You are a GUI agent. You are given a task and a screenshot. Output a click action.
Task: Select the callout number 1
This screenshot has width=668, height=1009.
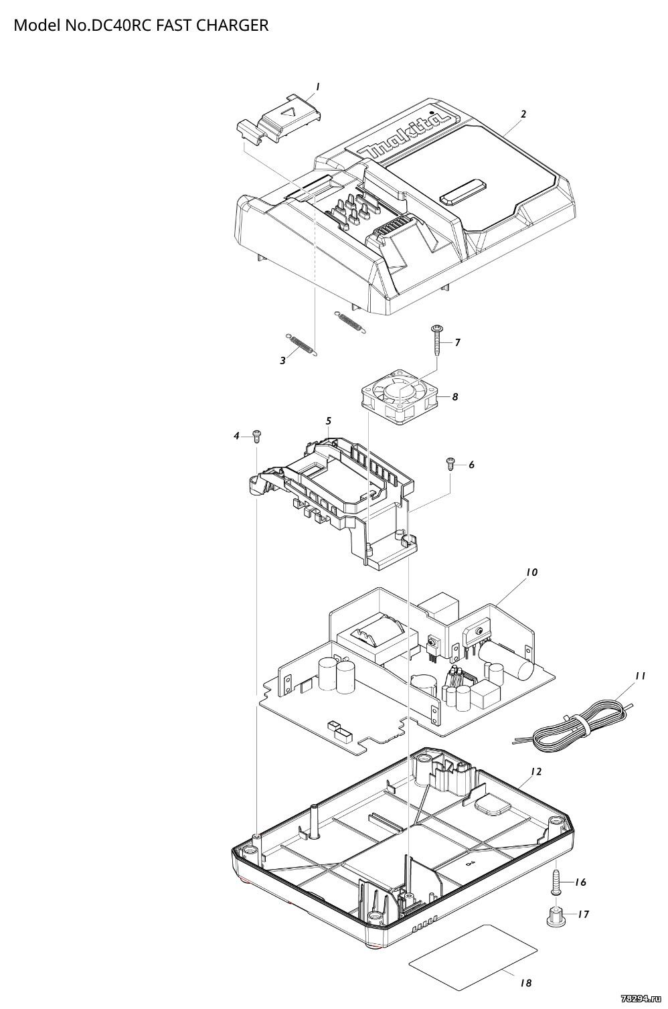pyautogui.click(x=318, y=86)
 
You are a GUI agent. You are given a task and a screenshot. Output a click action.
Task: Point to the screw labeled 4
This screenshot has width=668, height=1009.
pyautogui.click(x=256, y=437)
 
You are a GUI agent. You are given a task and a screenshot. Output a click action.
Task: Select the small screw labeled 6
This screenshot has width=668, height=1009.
pyautogui.click(x=450, y=463)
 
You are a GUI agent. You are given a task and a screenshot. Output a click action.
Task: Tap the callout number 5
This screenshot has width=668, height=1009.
pyautogui.click(x=329, y=420)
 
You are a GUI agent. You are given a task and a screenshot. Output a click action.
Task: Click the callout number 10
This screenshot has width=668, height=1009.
pyautogui.click(x=531, y=572)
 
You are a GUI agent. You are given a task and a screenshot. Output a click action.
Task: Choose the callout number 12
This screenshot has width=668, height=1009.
pyautogui.click(x=535, y=771)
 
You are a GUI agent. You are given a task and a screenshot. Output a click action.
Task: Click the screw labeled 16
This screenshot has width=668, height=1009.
pyautogui.click(x=556, y=882)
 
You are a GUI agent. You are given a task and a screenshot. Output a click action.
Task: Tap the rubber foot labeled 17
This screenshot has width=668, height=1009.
pyautogui.click(x=555, y=915)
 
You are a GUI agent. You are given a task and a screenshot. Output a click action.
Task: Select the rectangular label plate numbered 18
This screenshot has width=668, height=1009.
pyautogui.click(x=474, y=949)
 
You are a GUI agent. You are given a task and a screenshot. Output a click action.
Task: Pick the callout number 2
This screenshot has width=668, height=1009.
pyautogui.click(x=523, y=114)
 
